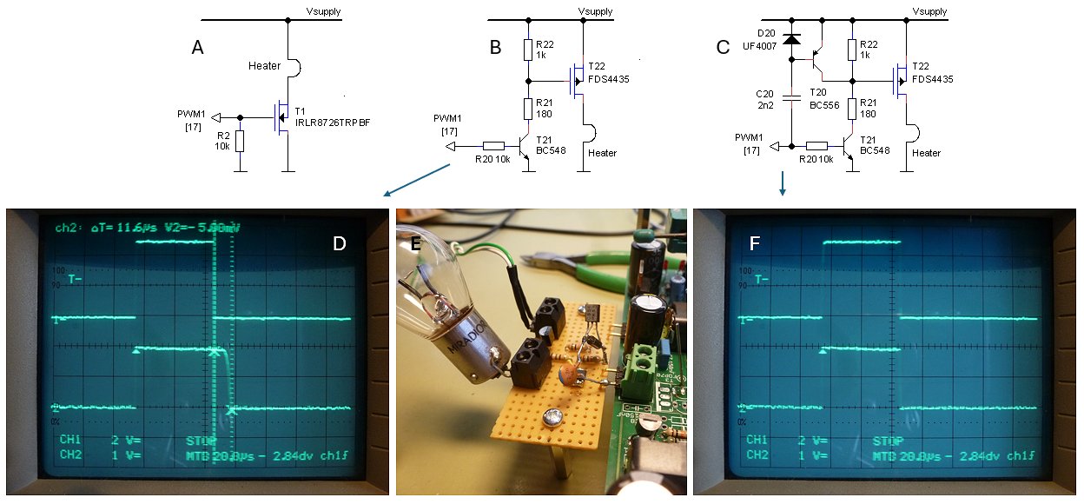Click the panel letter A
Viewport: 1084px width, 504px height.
click(198, 49)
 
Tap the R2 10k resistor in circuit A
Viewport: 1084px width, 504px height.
click(240, 140)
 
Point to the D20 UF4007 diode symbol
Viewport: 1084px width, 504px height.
click(790, 39)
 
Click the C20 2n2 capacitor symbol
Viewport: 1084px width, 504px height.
click(790, 98)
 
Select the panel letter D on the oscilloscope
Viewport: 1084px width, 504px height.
click(340, 244)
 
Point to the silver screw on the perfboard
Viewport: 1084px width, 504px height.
click(552, 418)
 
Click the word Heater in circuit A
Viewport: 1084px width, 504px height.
click(264, 66)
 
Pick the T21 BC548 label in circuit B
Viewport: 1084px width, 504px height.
click(550, 144)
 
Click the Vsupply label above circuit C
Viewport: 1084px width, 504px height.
click(931, 11)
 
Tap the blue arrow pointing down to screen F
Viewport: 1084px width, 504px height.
click(783, 183)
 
